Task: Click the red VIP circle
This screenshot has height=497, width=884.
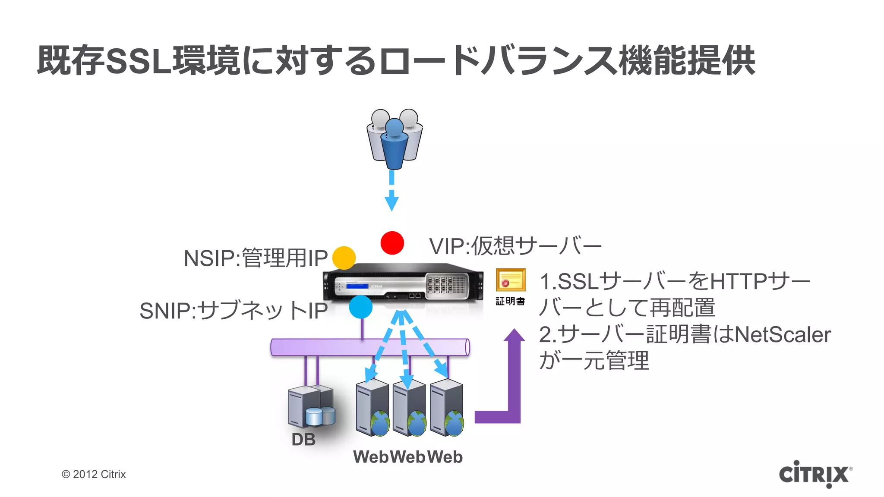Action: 392,243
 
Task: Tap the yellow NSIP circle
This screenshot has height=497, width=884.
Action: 344,258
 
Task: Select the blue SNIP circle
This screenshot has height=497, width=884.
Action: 360,307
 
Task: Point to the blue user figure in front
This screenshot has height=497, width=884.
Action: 394,145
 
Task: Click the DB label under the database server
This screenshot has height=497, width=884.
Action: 303,440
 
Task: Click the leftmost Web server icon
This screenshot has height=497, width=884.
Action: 372,408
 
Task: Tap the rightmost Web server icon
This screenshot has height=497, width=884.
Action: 447,408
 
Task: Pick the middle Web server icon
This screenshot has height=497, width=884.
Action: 409,408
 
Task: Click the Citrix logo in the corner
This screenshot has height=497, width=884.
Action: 815,474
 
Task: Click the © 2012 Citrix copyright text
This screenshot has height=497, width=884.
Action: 94,474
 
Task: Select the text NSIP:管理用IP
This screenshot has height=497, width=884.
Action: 256,258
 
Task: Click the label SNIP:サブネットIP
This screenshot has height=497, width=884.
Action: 234,311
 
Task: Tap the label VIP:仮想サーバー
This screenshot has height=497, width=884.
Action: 515,246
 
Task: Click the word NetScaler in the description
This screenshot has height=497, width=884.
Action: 782,335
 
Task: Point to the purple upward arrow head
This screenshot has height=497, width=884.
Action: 514,335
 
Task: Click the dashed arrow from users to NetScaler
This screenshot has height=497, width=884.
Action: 391,190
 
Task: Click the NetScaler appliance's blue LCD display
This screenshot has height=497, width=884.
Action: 357,286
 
